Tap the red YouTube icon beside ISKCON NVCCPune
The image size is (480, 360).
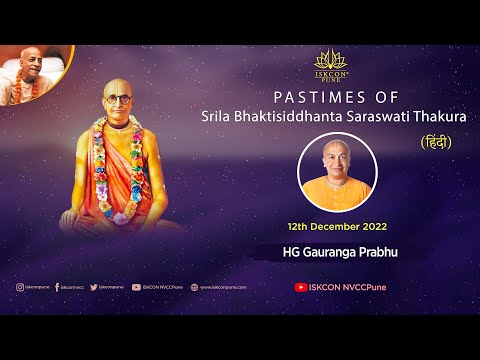point(301,287)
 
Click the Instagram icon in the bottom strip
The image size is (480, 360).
point(19,287)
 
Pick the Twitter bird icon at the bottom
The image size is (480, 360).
point(93,287)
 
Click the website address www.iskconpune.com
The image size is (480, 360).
point(224,287)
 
